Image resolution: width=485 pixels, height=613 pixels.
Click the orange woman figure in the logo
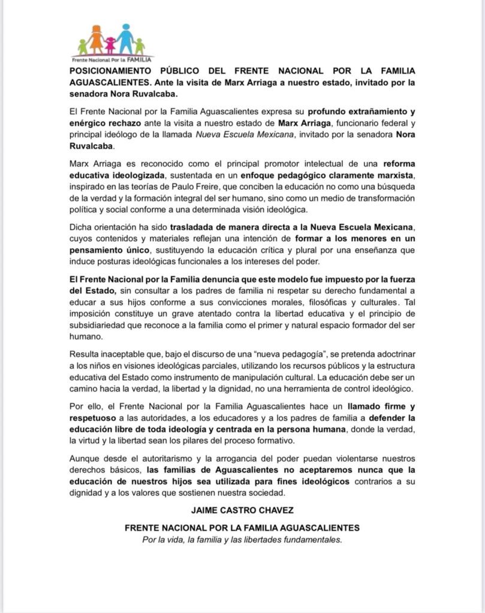pos(96,39)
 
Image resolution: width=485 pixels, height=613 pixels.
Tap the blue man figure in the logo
pos(125,38)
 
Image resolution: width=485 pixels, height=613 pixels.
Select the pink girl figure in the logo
pos(110,45)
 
